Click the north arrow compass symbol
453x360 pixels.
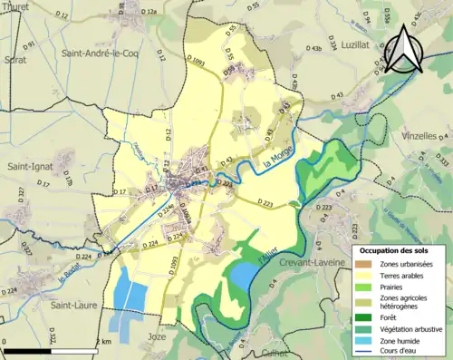(x=405, y=51)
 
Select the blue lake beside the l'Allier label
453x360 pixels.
(x=243, y=273)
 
